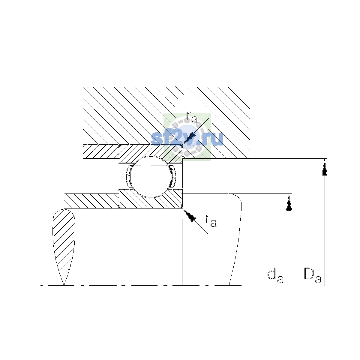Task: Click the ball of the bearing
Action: coord(151,177)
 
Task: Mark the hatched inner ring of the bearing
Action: coord(151,199)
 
